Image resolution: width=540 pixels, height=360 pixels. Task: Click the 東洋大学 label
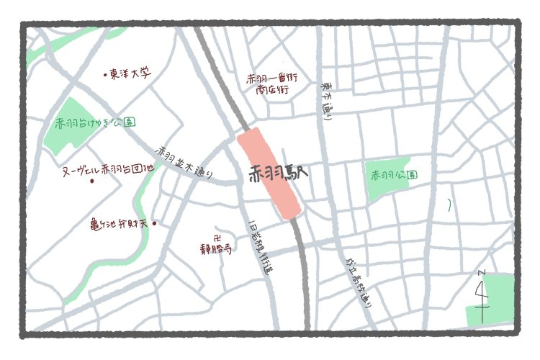pos(131,73)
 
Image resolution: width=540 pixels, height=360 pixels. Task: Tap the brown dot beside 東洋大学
pos(105,73)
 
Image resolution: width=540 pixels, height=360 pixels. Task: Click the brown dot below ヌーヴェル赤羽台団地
pos(92,181)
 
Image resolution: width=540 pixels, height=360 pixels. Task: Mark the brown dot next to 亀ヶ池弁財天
pos(154,224)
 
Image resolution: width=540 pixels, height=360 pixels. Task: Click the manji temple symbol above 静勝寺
pos(217,237)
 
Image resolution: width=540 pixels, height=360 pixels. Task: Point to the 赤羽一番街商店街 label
pos(272,83)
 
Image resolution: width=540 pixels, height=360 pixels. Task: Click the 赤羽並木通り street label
pos(184,163)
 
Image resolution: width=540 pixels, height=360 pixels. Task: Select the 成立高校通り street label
pos(359,280)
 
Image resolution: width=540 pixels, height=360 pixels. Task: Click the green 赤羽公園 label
pos(394,175)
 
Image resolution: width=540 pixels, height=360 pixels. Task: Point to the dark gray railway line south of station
pos(304,281)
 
